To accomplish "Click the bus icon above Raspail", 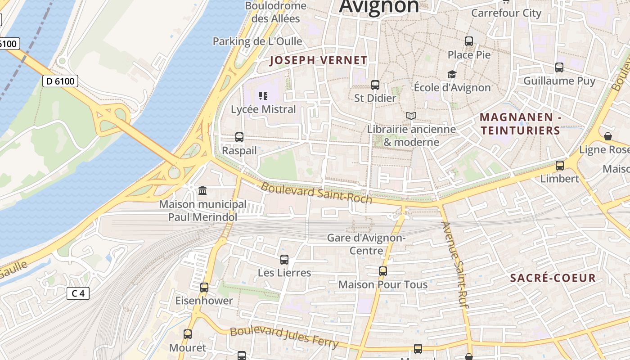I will coord(239,137).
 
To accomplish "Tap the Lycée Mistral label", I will coord(263,109).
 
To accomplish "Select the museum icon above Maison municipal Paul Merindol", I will coord(202,191).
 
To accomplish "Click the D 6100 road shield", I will coord(60,81).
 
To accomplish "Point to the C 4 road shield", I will coord(78,293).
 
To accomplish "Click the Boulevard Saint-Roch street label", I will coord(316,192).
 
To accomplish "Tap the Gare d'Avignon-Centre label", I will coord(366,244).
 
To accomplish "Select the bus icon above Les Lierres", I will coord(284,260).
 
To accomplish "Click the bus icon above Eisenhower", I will coord(204,288).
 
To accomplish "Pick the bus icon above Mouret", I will coord(188,334).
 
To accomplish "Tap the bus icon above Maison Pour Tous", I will coord(383,271).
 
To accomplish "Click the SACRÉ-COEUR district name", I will coord(553,278).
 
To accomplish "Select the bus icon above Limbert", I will coord(560,166).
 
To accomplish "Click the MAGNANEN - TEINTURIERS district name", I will coord(520,124).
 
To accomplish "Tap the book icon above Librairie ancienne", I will coord(411,116).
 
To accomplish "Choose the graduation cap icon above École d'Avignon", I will coord(452,74).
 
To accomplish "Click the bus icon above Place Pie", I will coord(469,41).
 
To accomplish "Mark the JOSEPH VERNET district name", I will coord(318,60).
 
